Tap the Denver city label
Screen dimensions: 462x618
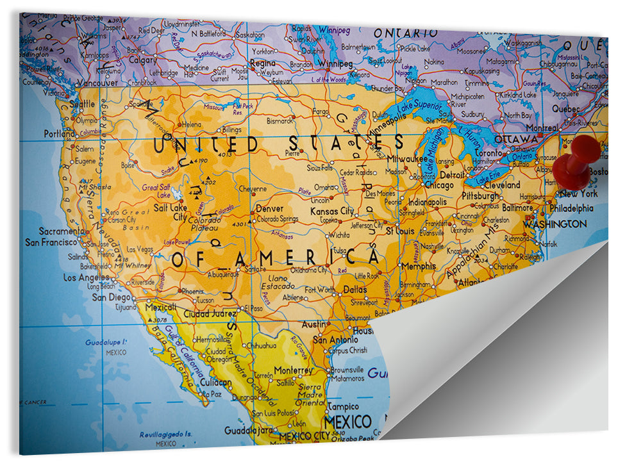[x=269, y=209]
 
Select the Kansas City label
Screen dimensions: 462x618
[x=332, y=211]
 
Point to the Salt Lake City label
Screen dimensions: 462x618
[x=170, y=212]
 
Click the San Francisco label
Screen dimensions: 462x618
[x=51, y=243]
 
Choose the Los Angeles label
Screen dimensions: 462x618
[x=87, y=277]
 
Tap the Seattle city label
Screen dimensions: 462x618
[x=82, y=104]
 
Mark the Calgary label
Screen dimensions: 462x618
[x=143, y=60]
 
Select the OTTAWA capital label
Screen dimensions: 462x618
[x=515, y=139]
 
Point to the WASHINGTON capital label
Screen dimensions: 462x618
[x=555, y=224]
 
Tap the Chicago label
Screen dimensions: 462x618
[x=439, y=185]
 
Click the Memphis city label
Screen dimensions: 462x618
[x=419, y=266]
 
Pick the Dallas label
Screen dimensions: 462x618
[x=355, y=290]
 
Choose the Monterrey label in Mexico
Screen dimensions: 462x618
[x=293, y=370]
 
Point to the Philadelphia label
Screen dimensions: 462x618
[x=571, y=208]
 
